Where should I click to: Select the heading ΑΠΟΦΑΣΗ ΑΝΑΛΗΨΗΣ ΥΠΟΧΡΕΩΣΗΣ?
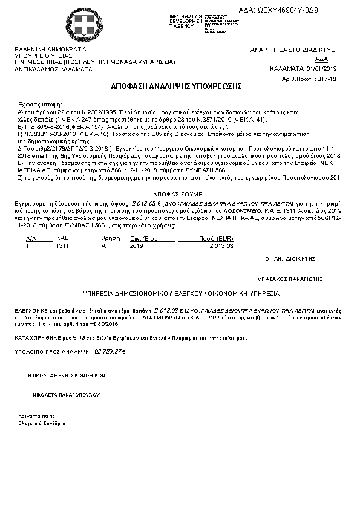176,86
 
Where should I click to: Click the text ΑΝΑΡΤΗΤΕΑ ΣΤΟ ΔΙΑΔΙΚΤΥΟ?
293,50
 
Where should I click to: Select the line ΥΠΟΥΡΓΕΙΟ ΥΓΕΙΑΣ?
39,56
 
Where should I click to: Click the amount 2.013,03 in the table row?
221,246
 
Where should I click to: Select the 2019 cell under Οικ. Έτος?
136,246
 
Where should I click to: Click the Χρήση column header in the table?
108,239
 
